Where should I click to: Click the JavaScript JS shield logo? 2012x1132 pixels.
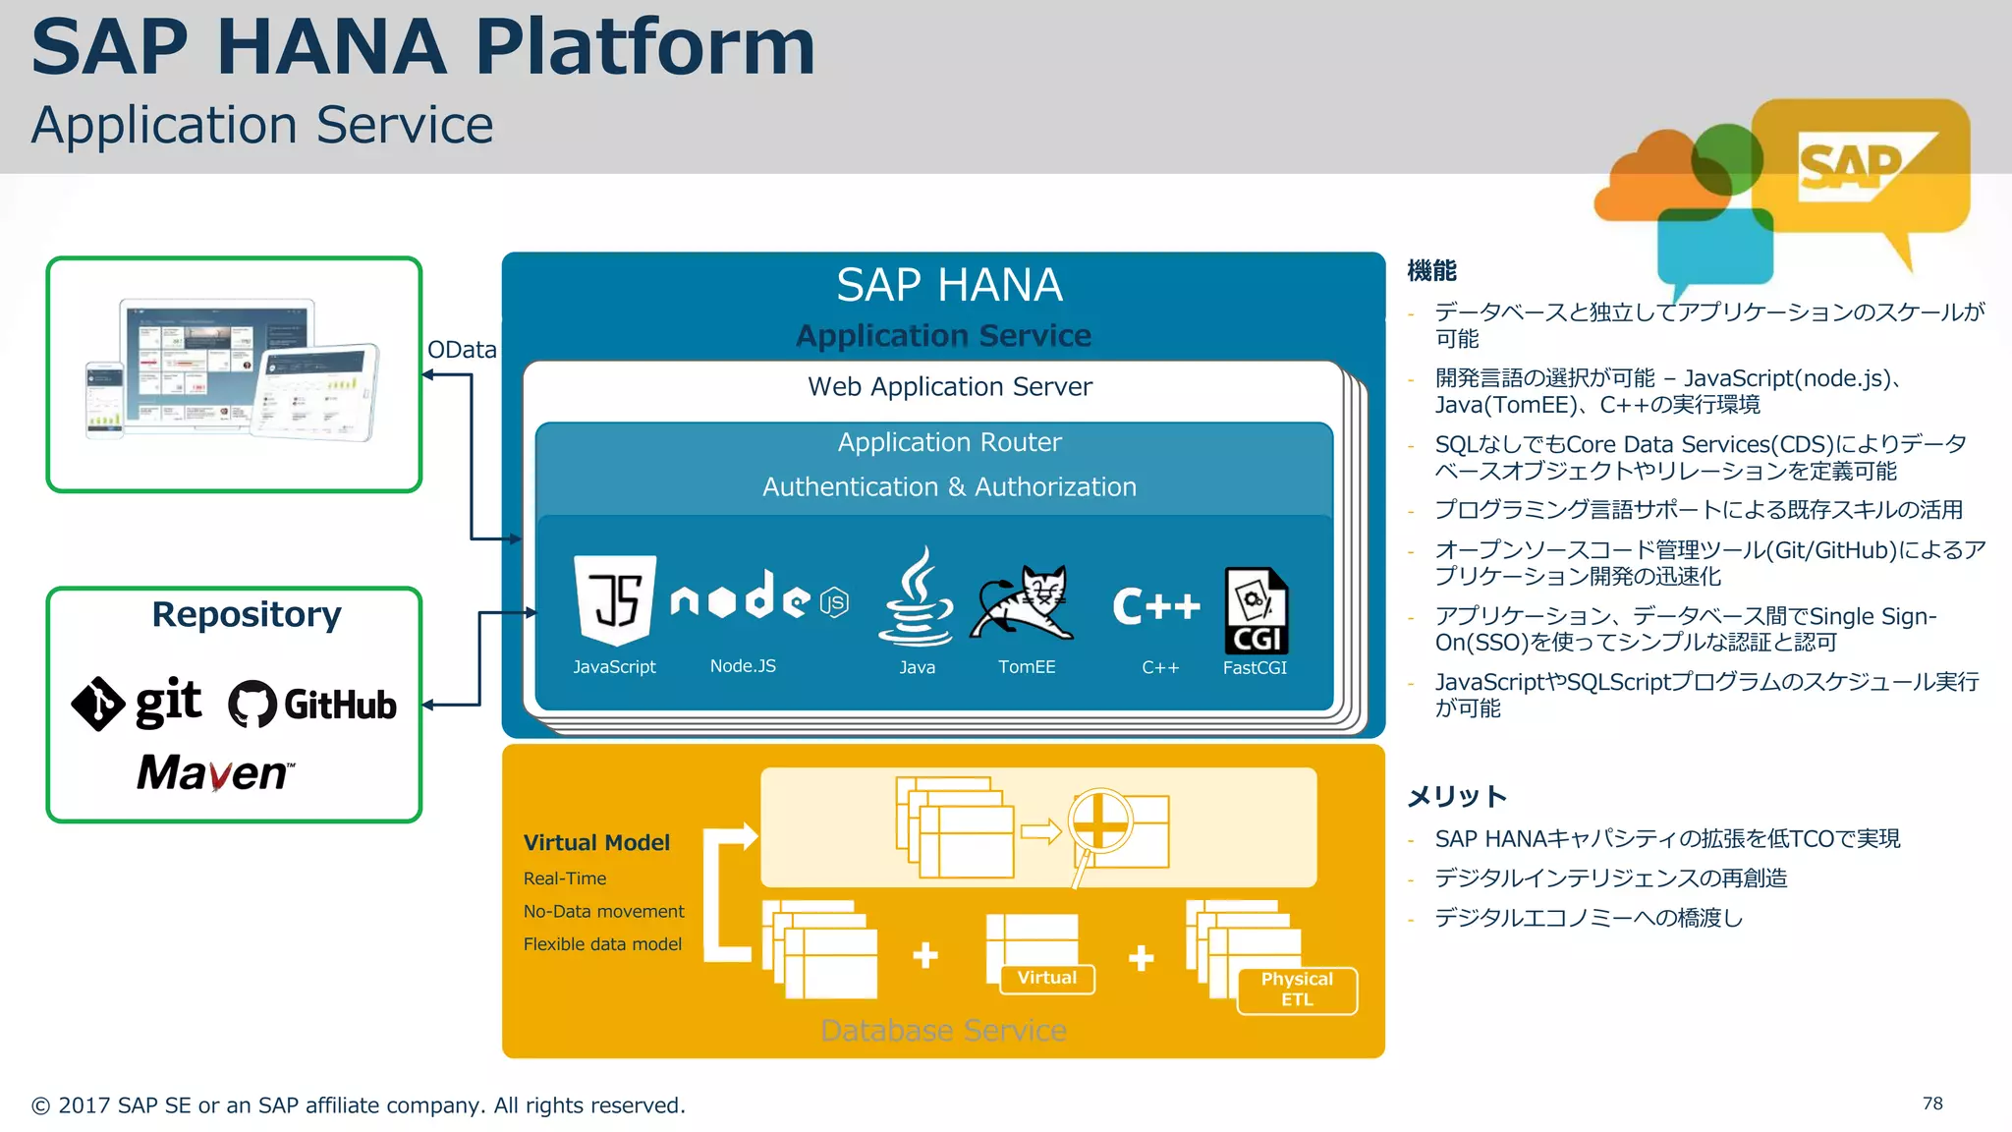(x=615, y=599)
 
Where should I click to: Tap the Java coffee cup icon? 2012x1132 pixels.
(x=916, y=599)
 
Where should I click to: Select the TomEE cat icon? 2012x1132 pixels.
(x=1024, y=602)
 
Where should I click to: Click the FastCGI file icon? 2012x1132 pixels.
(x=1256, y=610)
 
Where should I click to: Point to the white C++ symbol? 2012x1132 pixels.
(x=1156, y=605)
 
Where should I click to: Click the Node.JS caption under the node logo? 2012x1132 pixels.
(x=743, y=666)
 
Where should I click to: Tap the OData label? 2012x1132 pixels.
(x=462, y=350)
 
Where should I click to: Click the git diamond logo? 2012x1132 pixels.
(x=98, y=704)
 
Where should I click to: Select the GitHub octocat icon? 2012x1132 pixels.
(x=252, y=704)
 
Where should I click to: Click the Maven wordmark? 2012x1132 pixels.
(x=214, y=772)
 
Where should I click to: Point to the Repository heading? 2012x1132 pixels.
(x=246, y=614)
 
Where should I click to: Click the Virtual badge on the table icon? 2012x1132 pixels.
(x=1046, y=978)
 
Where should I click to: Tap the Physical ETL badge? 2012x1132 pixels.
(x=1297, y=990)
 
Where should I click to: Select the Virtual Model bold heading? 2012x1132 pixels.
(x=596, y=842)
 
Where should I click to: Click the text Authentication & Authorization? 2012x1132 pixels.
(x=949, y=486)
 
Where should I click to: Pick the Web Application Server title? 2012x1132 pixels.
(x=949, y=386)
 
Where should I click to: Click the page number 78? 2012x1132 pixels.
(x=1932, y=1104)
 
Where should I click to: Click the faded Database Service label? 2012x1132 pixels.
(x=943, y=1030)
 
